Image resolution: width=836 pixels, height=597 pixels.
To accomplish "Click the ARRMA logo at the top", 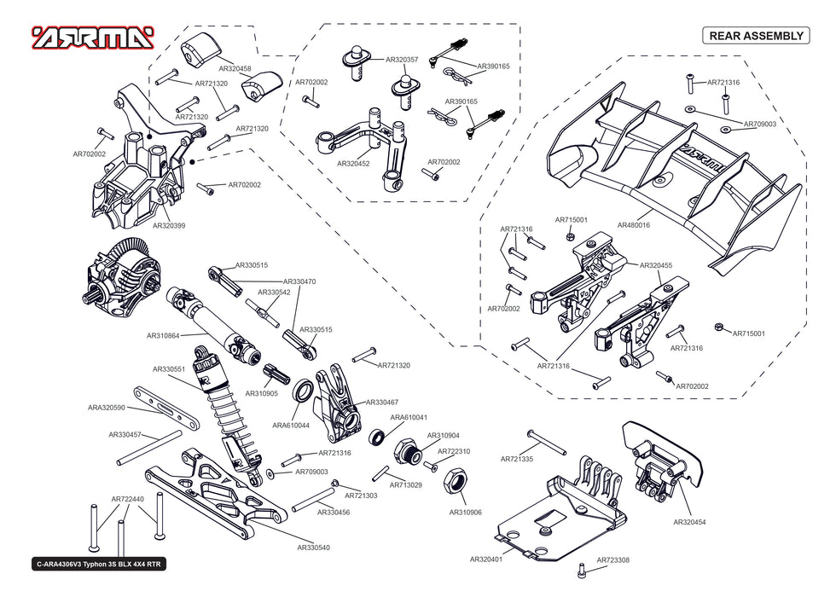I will click(92, 37).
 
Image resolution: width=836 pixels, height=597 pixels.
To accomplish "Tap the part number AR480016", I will click(633, 225).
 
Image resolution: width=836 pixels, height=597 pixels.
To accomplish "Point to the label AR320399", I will click(169, 226).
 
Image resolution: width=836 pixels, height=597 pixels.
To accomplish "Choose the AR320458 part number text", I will click(235, 68).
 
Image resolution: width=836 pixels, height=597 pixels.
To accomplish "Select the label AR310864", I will click(162, 336).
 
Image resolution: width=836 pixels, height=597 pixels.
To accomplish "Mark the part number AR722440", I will click(127, 500).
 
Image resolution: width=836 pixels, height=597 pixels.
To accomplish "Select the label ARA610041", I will click(409, 418).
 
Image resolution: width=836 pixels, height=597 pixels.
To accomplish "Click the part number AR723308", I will click(612, 560).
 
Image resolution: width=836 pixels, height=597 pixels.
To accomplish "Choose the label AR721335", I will click(516, 460).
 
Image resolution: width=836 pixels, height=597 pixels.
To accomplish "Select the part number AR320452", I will click(353, 164).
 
